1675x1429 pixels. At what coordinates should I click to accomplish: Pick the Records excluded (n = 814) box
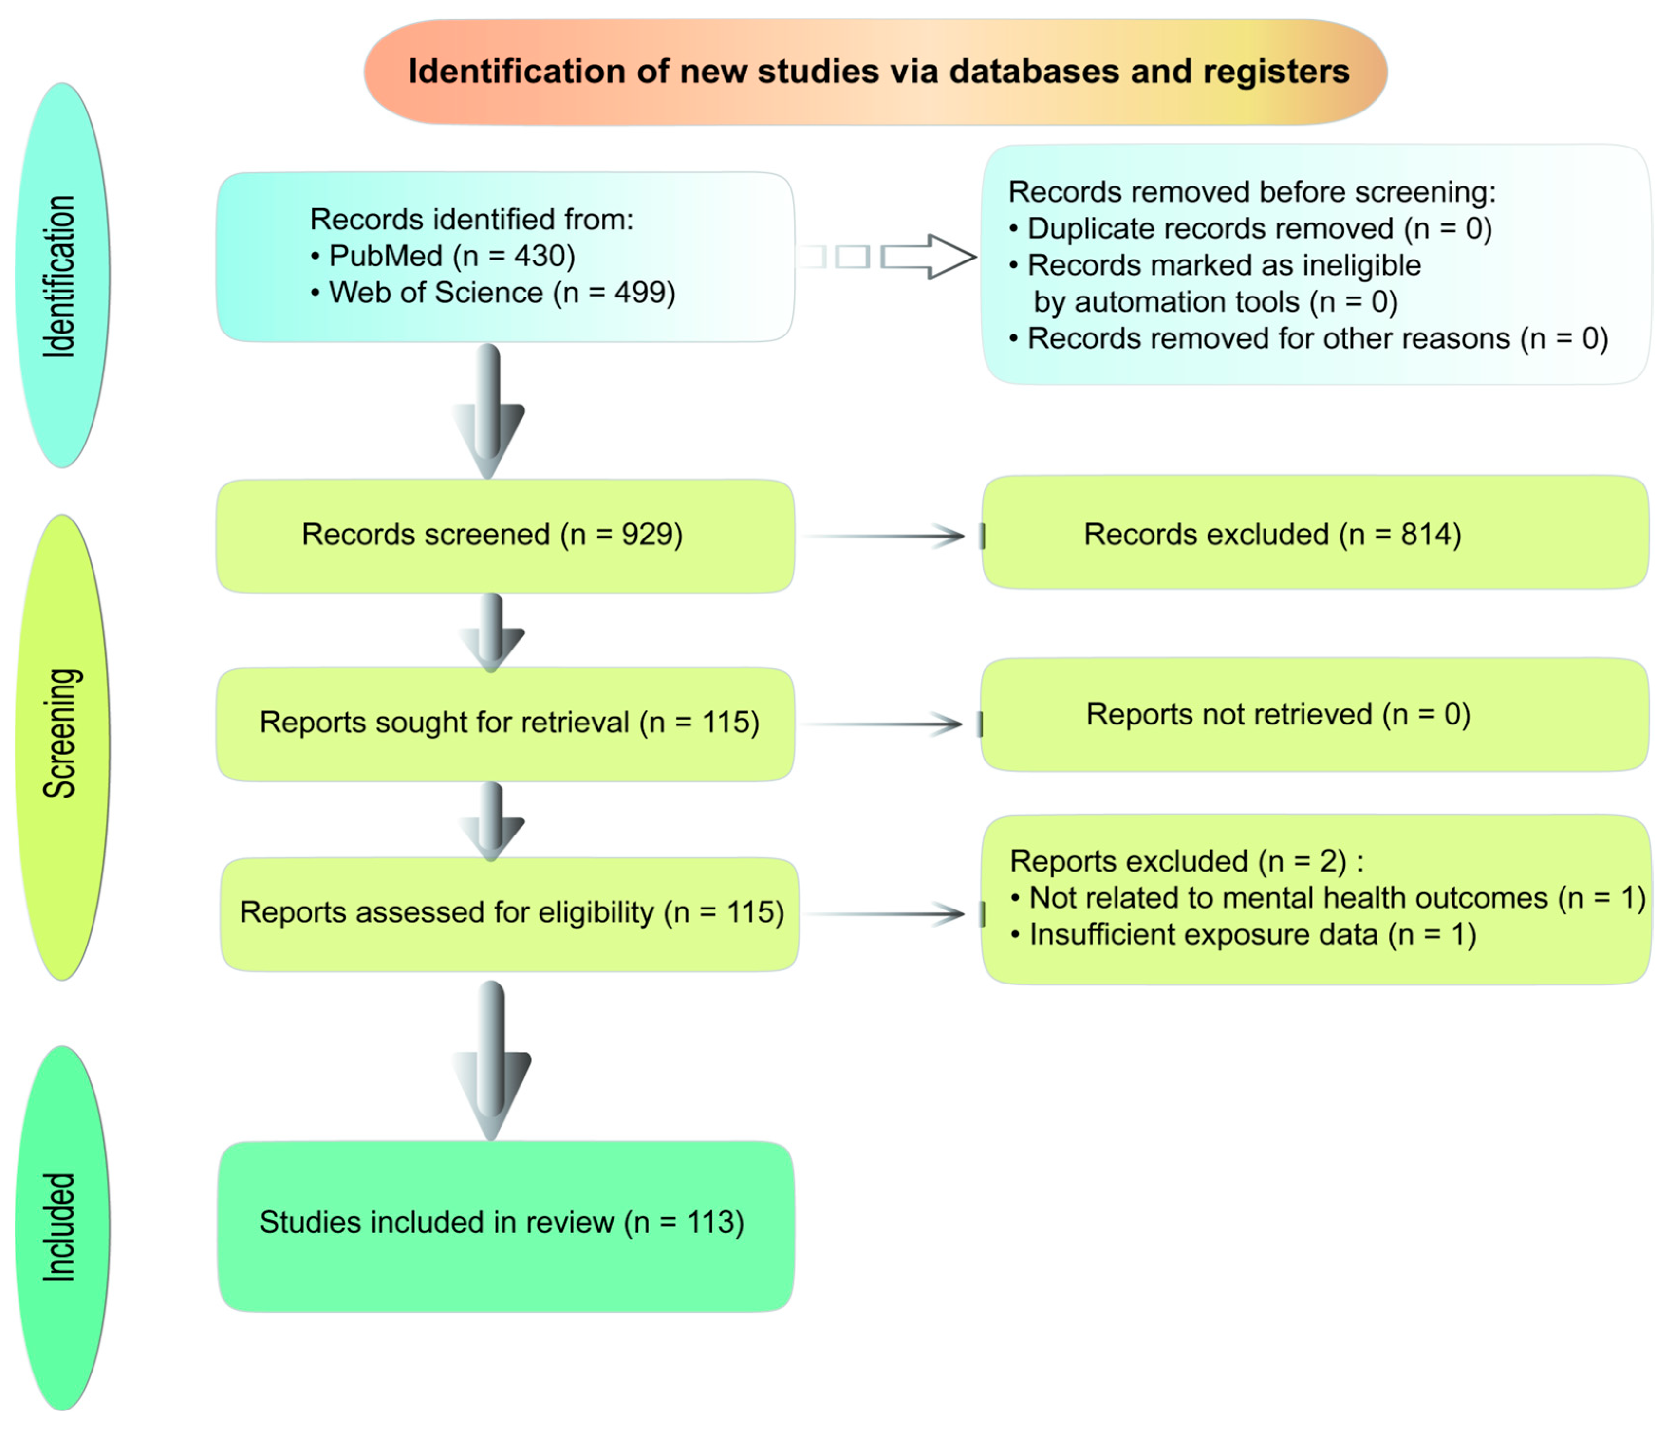[1315, 534]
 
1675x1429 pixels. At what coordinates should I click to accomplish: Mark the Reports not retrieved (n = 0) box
[1315, 715]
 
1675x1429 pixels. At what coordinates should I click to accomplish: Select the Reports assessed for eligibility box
[511, 913]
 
